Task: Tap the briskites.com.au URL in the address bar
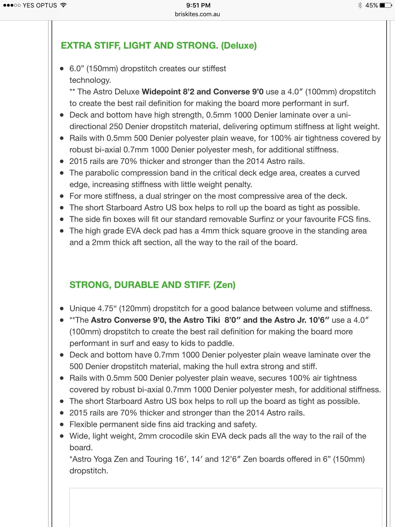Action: (x=197, y=14)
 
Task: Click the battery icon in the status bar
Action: (x=385, y=5)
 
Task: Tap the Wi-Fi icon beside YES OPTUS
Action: (x=63, y=5)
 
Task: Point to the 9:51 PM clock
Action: (x=198, y=5)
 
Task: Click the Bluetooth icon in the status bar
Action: (x=360, y=5)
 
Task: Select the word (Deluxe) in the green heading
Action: (x=239, y=46)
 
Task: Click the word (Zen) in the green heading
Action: (x=224, y=285)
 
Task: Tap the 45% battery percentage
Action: (x=371, y=5)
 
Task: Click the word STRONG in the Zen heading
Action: (x=89, y=285)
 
